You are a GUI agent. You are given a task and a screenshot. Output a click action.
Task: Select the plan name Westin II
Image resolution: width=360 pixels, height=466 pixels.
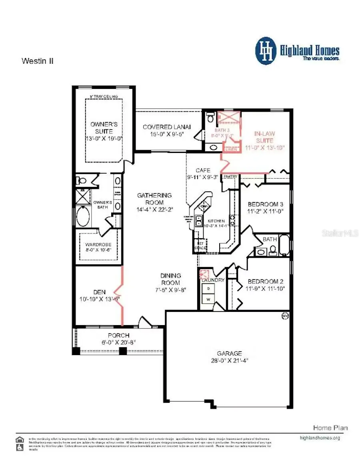click(x=37, y=61)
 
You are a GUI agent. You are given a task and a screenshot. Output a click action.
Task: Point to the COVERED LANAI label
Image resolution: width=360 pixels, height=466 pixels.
click(x=167, y=127)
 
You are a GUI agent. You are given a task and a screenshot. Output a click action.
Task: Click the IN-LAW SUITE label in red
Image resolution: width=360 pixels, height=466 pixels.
click(x=264, y=137)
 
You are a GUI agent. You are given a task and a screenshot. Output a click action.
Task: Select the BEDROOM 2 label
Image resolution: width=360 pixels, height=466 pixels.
click(x=266, y=281)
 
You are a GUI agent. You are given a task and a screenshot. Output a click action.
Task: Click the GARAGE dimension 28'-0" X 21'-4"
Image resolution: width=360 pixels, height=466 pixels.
click(x=230, y=360)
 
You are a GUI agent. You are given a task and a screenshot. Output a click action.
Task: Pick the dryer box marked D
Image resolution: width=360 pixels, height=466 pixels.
click(x=208, y=288)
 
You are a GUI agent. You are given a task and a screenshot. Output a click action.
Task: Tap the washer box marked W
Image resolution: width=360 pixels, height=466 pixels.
click(x=208, y=299)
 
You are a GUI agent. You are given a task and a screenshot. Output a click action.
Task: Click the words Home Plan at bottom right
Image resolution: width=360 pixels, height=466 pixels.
click(x=330, y=428)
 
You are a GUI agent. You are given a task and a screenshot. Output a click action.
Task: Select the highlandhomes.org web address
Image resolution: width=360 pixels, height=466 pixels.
click(x=320, y=438)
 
